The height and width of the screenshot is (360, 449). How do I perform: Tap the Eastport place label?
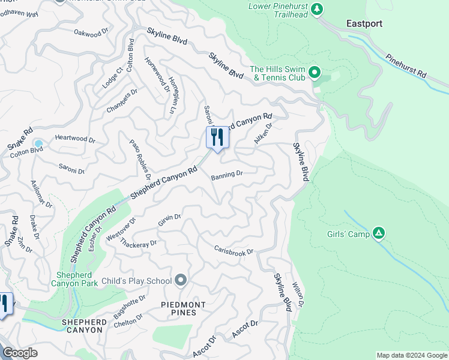pyautogui.click(x=364, y=24)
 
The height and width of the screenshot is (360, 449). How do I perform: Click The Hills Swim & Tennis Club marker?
pyautogui.click(x=315, y=74)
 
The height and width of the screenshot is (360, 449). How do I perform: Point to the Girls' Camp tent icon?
pyautogui.click(x=378, y=233)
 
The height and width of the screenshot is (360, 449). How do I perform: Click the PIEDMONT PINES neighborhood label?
pyautogui.click(x=183, y=309)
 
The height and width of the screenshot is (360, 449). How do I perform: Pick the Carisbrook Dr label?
pyautogui.click(x=234, y=251)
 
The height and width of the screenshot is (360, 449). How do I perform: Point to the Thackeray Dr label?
pyautogui.click(x=138, y=243)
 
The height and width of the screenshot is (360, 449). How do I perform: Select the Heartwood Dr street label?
pyautogui.click(x=75, y=138)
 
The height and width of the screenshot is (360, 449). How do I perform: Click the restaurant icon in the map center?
pyautogui.click(x=217, y=138)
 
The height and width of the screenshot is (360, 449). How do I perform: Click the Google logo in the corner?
pyautogui.click(x=20, y=353)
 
